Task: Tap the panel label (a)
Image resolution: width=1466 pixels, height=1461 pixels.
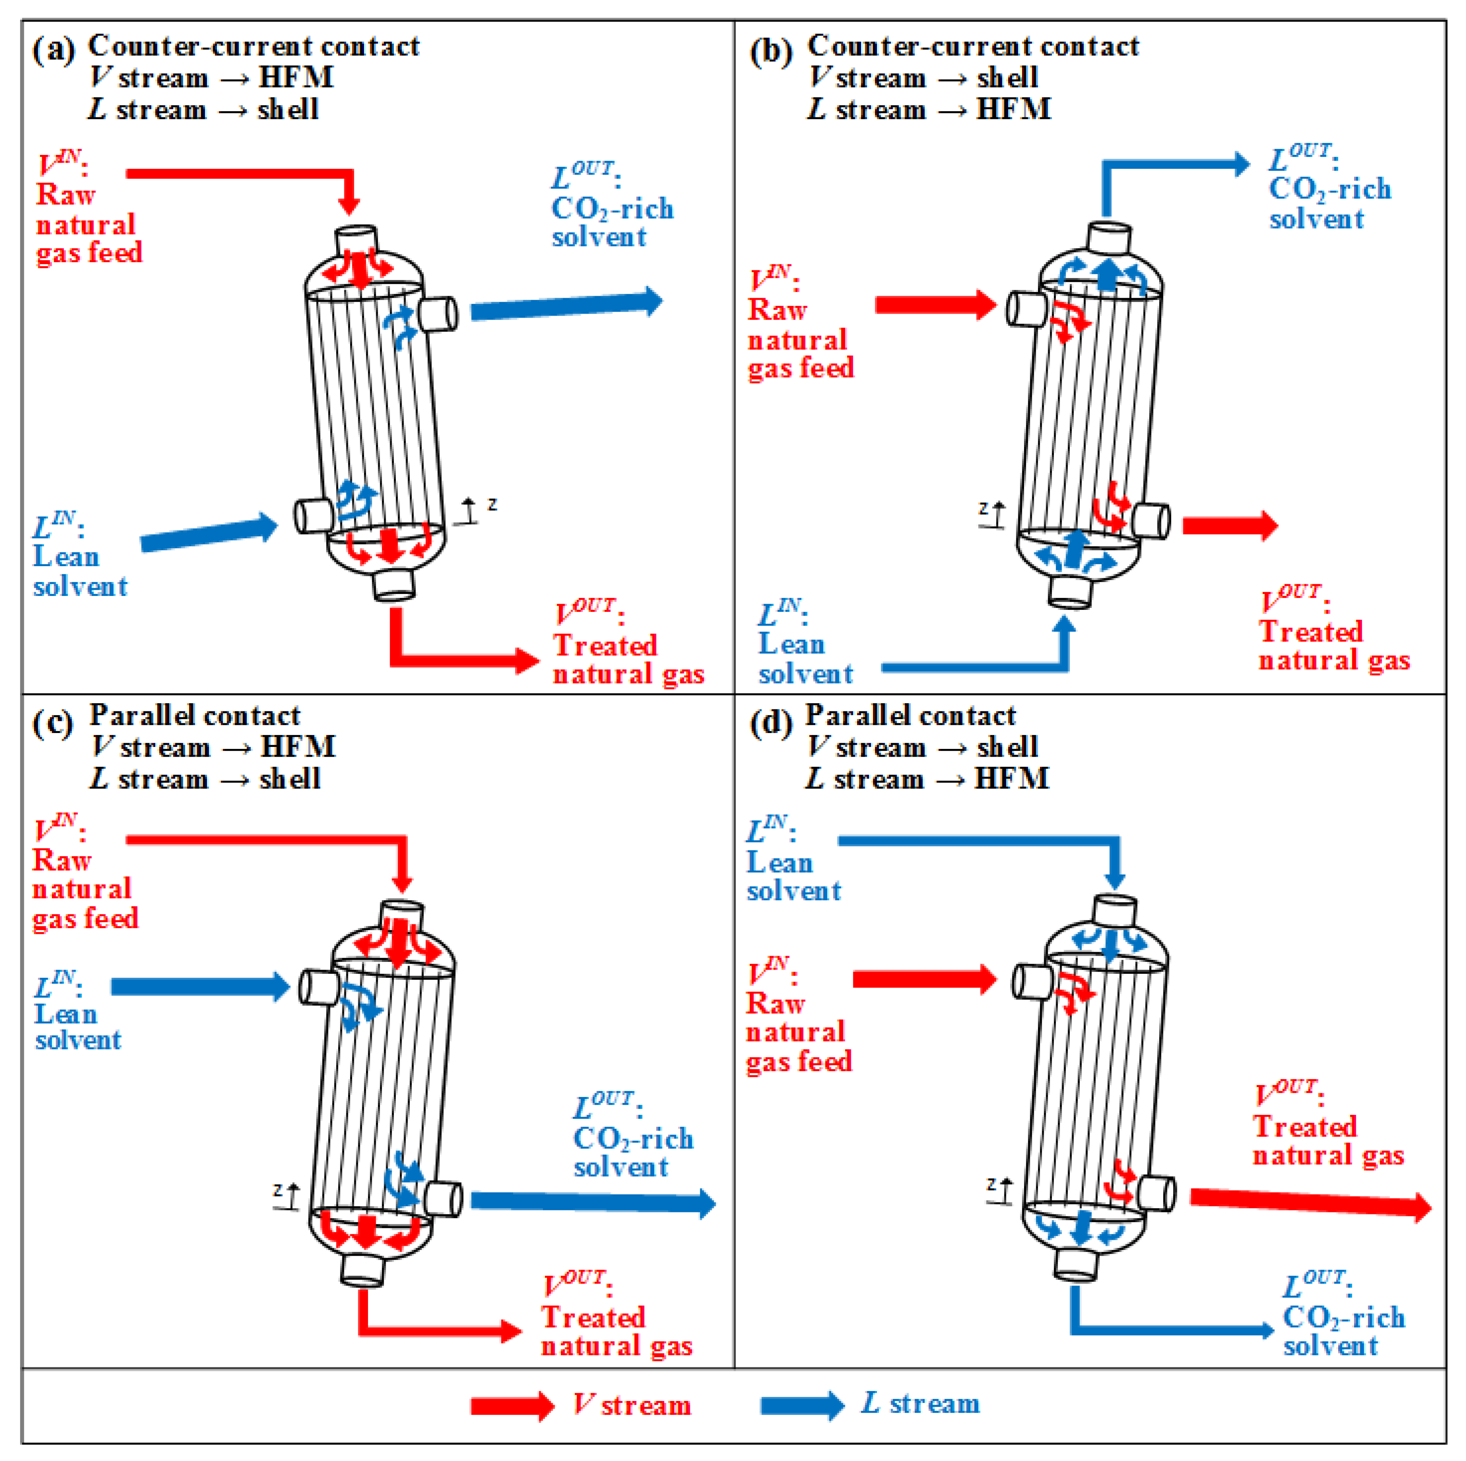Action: click(x=53, y=50)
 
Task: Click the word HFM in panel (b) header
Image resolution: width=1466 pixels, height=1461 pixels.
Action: click(x=1013, y=109)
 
